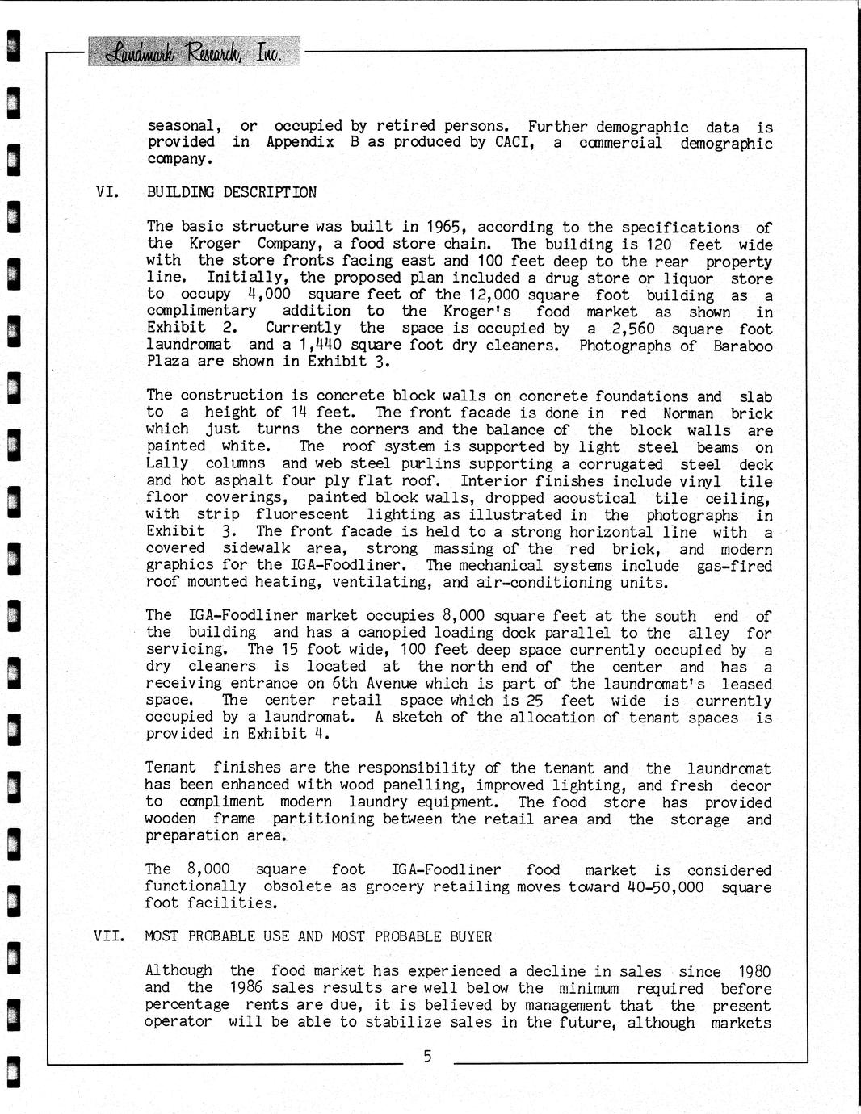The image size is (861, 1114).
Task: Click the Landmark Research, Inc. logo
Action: pyautogui.click(x=193, y=52)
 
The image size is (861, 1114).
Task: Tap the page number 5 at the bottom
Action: pyautogui.click(x=427, y=1056)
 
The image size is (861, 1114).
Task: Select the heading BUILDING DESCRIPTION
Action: pyautogui.click(x=232, y=192)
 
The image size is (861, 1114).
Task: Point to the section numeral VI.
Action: pyautogui.click(x=108, y=192)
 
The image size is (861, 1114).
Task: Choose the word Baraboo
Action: pyautogui.click(x=742, y=346)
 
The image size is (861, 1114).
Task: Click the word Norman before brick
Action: pyautogui.click(x=688, y=413)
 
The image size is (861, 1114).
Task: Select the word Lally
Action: pyautogui.click(x=167, y=463)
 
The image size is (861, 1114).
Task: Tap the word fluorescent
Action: pyautogui.click(x=302, y=514)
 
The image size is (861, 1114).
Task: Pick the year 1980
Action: pyautogui.click(x=754, y=971)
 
